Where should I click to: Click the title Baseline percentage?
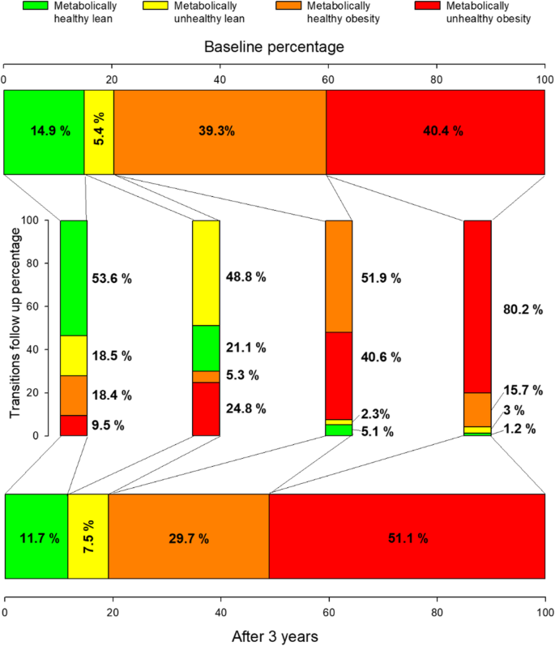pyautogui.click(x=274, y=47)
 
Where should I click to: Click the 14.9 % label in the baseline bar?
pyautogui.click(x=45, y=131)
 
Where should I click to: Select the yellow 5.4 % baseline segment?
pyautogui.click(x=99, y=131)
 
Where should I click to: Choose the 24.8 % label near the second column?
pyautogui.click(x=246, y=409)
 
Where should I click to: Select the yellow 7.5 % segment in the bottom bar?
pyautogui.click(x=88, y=537)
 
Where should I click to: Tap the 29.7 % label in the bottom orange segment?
pyautogui.click(x=189, y=537)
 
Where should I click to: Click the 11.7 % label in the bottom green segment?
pyautogui.click(x=36, y=537)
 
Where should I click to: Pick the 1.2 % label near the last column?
pyautogui.click(x=519, y=430)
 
